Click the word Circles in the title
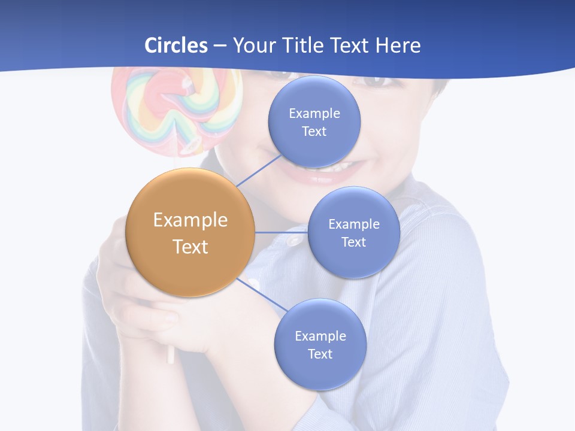(176, 45)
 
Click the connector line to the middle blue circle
(281, 232)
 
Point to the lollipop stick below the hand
(171, 354)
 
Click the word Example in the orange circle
(190, 220)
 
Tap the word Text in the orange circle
(190, 247)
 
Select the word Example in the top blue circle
(314, 114)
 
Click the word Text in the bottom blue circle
(320, 354)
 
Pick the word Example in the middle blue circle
(353, 224)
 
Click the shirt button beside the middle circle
(293, 240)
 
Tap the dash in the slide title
(220, 46)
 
